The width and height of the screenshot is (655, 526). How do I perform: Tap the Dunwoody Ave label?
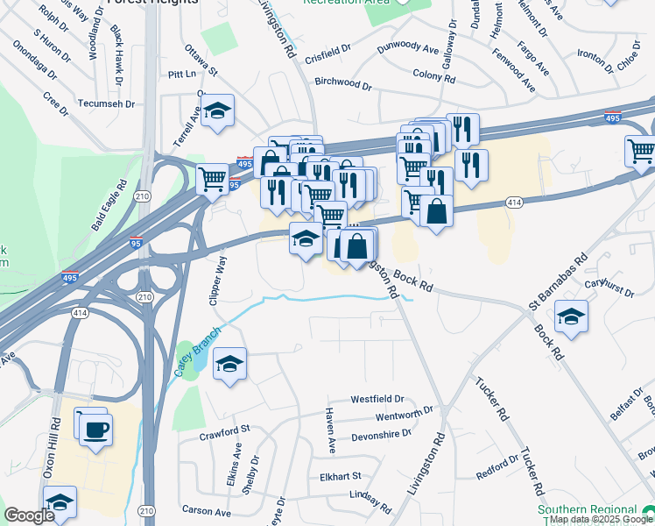[407, 48]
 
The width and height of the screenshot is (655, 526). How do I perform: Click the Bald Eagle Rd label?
[110, 206]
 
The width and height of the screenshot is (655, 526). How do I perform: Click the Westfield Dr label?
[377, 399]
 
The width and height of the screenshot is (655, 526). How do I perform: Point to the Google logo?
[29, 515]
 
